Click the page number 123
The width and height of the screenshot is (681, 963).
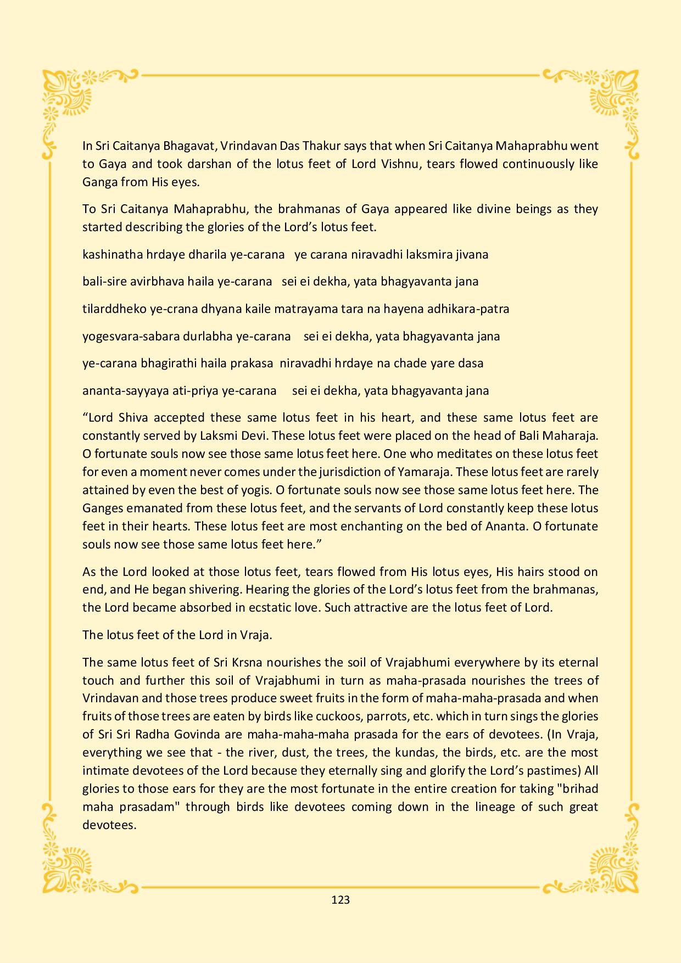click(340, 899)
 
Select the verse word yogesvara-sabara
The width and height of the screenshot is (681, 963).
click(129, 336)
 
